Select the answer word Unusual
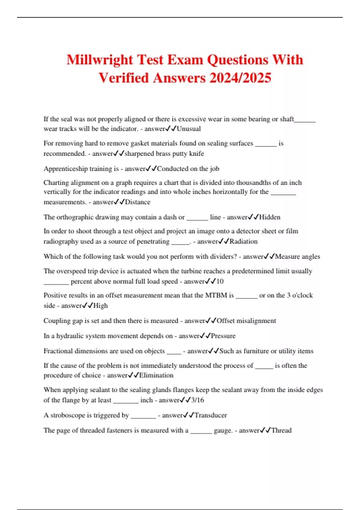point(189,129)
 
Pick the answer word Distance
point(137,202)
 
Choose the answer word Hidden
point(270,217)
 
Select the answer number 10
point(220,281)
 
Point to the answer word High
point(100,306)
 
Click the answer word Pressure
point(223,336)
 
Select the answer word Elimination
point(156,375)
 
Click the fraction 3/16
point(197,400)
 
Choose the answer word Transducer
point(211,415)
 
